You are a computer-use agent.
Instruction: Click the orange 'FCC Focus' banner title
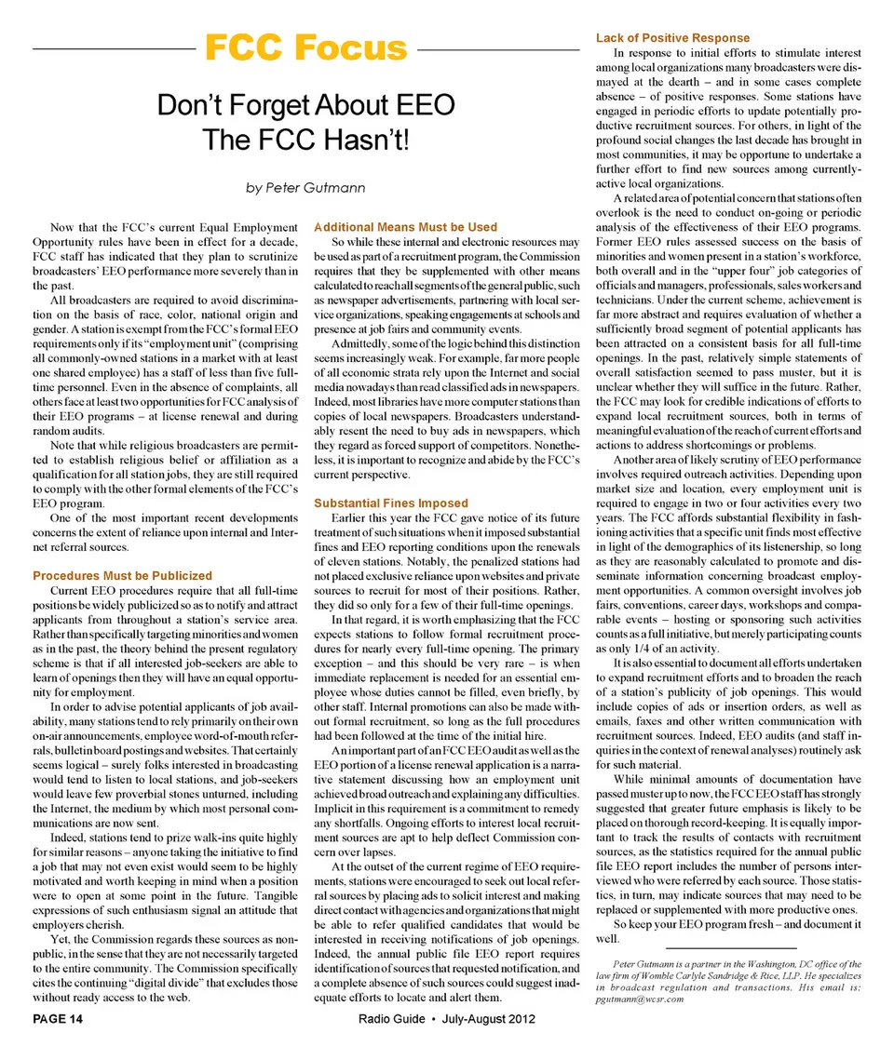[305, 47]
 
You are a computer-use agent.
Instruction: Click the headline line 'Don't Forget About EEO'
[305, 107]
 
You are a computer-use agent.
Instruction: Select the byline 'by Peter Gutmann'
[305, 188]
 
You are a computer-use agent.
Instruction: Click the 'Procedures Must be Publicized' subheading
[122, 576]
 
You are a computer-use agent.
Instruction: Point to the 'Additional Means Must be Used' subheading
[406, 227]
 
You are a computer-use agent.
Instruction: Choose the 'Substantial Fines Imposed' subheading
[391, 503]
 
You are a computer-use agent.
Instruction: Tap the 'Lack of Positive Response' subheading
[672, 38]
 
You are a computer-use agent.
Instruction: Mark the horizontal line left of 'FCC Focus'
[111, 48]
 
